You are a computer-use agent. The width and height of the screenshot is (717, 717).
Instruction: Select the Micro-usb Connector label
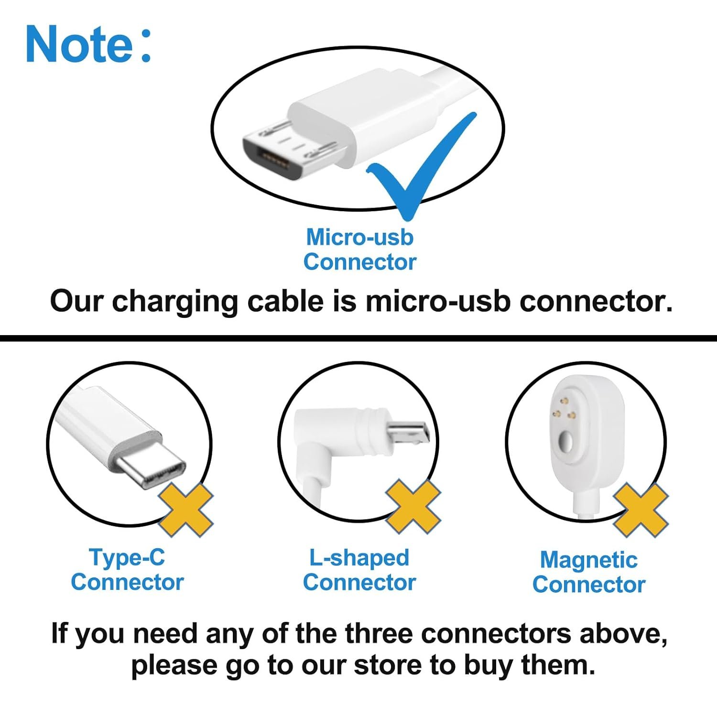[x=359, y=250]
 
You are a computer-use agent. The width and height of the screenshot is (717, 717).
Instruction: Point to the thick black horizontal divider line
[x=358, y=338]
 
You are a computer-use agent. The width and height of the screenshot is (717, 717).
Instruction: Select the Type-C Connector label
[x=127, y=570]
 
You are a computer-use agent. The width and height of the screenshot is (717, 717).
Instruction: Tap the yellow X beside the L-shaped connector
[x=413, y=507]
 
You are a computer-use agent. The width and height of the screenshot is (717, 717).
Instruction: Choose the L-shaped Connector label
[x=359, y=570]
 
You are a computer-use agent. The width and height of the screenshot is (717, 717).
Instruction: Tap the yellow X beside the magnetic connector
[x=641, y=511]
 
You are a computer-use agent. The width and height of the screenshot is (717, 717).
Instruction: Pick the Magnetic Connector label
[x=589, y=572]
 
